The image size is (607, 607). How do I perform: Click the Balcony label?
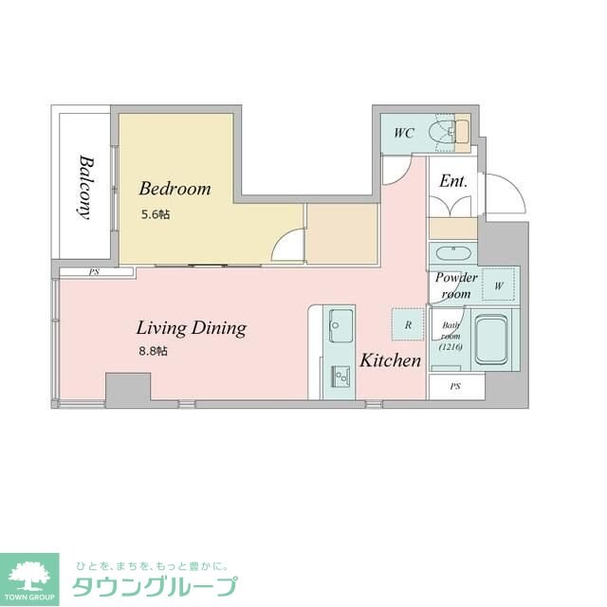(86, 187)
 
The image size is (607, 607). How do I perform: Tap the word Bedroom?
(175, 188)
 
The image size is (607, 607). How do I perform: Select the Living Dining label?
(192, 329)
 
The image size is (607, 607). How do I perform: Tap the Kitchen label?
(390, 360)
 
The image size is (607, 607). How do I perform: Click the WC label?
(403, 134)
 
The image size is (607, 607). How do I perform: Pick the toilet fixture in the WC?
(442, 133)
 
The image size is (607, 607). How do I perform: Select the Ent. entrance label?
(452, 181)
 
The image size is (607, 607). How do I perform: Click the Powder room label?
(455, 285)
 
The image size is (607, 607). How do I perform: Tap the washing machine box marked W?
(498, 285)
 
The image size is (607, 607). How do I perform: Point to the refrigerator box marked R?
(408, 324)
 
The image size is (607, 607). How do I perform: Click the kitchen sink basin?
(340, 330)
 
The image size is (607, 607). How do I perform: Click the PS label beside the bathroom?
(455, 387)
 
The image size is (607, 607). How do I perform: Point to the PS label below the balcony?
(95, 273)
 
